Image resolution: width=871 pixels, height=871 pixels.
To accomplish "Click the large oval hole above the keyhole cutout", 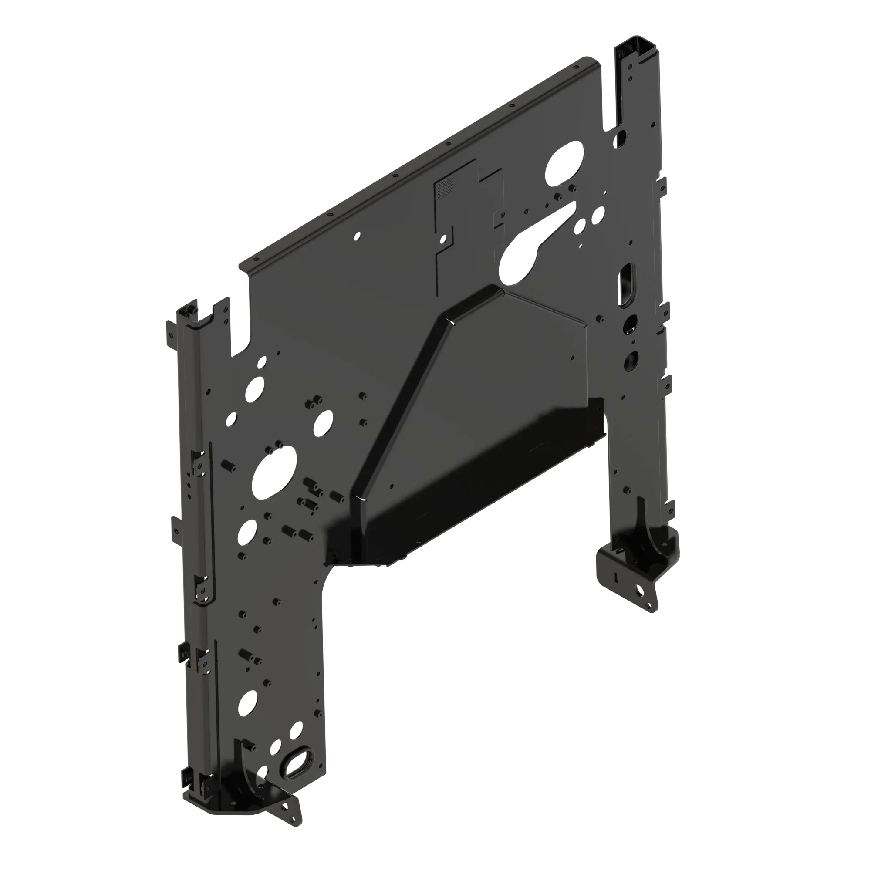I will (564, 164).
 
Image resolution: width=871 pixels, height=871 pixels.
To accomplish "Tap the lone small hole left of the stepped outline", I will (358, 235).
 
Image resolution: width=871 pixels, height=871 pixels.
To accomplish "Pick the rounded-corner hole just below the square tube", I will (623, 136).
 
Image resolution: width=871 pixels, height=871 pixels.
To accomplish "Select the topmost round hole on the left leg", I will (261, 361).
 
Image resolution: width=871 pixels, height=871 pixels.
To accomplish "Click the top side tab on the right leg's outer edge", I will (662, 184).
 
